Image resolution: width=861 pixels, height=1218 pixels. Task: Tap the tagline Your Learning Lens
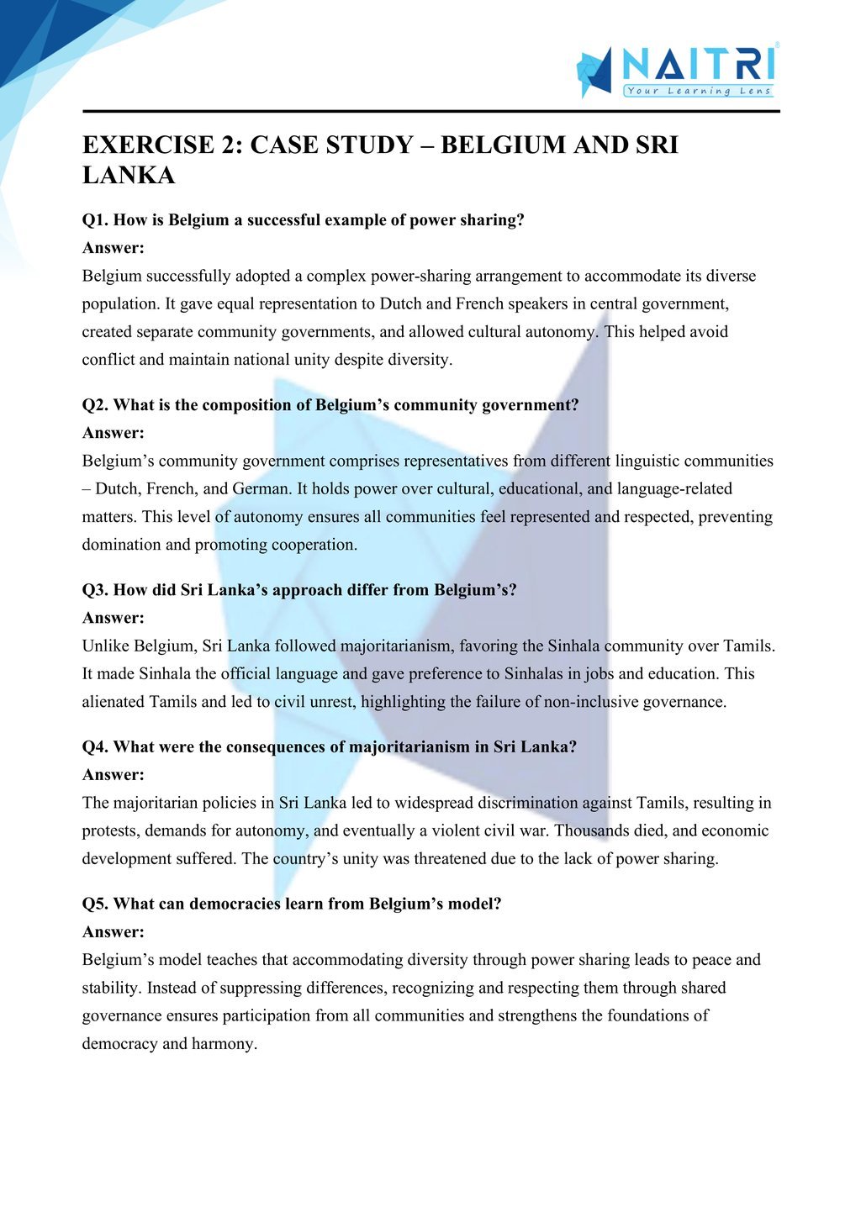[698, 91]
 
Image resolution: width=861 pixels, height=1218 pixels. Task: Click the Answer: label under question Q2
[114, 433]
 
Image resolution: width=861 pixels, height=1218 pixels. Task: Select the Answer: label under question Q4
[114, 775]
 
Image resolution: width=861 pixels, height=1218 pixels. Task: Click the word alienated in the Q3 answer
[114, 702]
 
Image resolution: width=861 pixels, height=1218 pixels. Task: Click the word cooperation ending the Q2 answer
[315, 545]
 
